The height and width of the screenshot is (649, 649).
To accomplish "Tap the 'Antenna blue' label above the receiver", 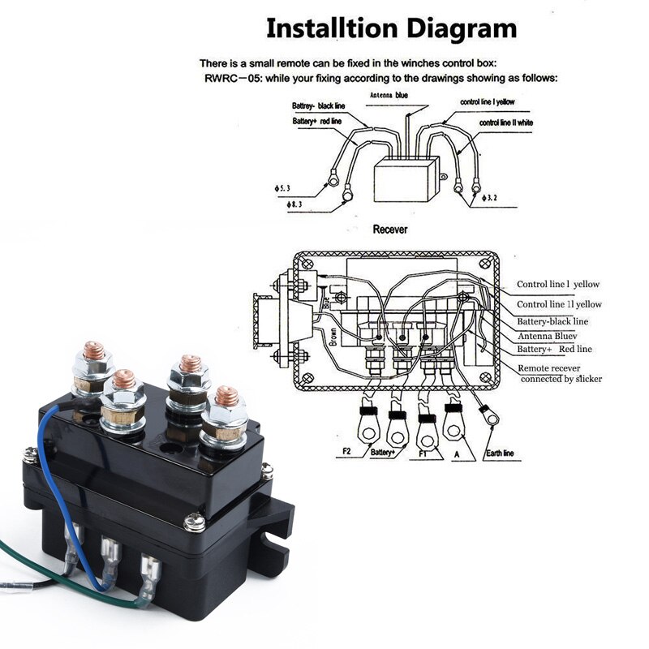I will click(389, 95).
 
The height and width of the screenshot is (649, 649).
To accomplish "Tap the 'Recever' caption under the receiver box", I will click(390, 230).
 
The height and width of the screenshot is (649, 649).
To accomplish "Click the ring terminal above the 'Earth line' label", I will click(489, 417).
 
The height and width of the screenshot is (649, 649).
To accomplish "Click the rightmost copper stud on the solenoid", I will click(228, 397).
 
